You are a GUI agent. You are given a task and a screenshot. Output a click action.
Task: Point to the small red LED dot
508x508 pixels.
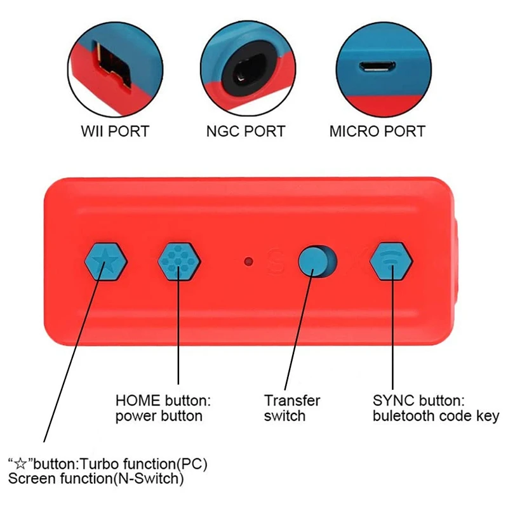[250, 260]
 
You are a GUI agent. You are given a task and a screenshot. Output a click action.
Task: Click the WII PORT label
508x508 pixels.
[115, 131]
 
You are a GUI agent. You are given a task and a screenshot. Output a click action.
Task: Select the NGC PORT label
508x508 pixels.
[246, 131]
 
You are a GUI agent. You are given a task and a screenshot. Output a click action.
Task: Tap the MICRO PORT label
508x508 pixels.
[377, 131]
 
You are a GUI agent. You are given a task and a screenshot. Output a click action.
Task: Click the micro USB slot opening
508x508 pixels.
[377, 65]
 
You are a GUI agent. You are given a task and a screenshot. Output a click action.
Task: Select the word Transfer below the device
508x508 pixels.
[292, 401]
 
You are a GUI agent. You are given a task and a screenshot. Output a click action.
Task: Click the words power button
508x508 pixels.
[159, 417]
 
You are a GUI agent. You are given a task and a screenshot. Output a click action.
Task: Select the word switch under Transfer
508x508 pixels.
[285, 417]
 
